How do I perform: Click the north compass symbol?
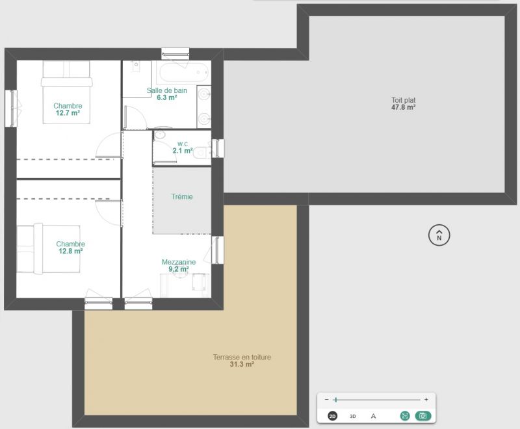coord(439,235)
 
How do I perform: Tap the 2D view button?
coord(332,416)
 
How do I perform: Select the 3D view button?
coord(353,417)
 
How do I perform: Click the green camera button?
coord(423,416)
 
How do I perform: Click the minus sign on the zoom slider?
coord(327,400)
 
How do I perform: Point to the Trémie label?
coord(182,196)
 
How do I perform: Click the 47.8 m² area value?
coord(403,107)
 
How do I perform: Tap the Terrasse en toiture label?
coord(242,357)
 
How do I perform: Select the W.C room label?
coord(183,144)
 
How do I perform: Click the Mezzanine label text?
coord(178,262)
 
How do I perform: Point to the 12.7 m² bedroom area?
coord(68,113)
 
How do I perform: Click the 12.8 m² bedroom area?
coord(71,252)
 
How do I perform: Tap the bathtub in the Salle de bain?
coord(183,72)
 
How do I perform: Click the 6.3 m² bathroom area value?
coord(167,97)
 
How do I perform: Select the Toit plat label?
coord(403,100)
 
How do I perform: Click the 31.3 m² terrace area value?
coord(242,365)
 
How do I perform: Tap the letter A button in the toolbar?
coord(373,416)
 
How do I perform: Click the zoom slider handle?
coord(336,400)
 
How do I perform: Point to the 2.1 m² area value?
coord(183,151)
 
